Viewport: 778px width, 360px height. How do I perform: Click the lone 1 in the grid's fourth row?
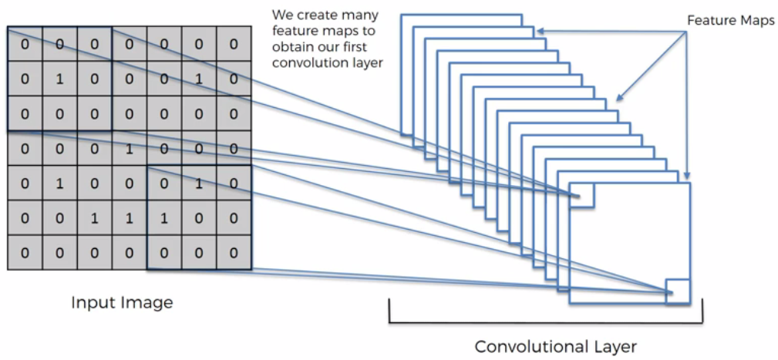(x=129, y=148)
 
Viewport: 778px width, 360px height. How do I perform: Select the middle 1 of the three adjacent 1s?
(x=129, y=218)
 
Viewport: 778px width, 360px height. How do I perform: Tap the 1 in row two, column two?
(x=59, y=79)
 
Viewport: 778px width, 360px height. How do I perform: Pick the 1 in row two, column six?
(x=198, y=79)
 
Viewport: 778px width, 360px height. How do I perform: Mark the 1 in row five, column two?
(x=59, y=183)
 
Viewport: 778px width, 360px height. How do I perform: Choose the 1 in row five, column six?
(x=198, y=183)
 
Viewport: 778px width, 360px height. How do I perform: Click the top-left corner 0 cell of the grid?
(x=25, y=45)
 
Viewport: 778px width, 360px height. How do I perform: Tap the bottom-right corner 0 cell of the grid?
(x=233, y=253)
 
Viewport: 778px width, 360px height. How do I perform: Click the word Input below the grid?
(x=92, y=302)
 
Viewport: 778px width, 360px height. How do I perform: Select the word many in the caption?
(x=359, y=15)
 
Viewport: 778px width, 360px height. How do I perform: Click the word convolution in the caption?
(x=308, y=62)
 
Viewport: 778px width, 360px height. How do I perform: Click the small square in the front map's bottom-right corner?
(x=677, y=291)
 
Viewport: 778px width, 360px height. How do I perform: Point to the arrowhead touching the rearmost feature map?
(x=538, y=31)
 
